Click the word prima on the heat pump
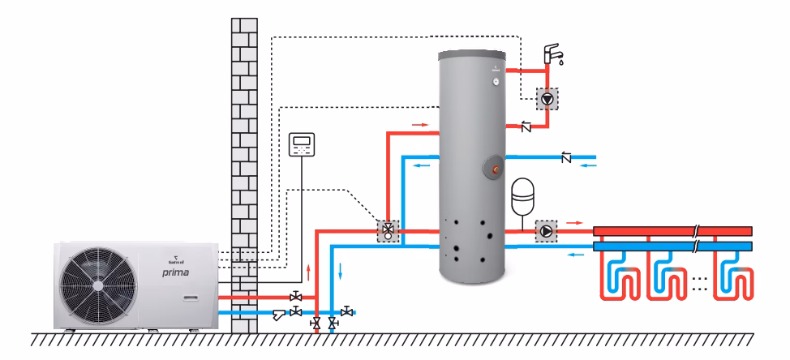174,273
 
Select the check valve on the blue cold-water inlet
566,156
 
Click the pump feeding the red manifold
547,231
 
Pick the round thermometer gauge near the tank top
494,82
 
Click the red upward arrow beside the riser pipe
309,271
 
